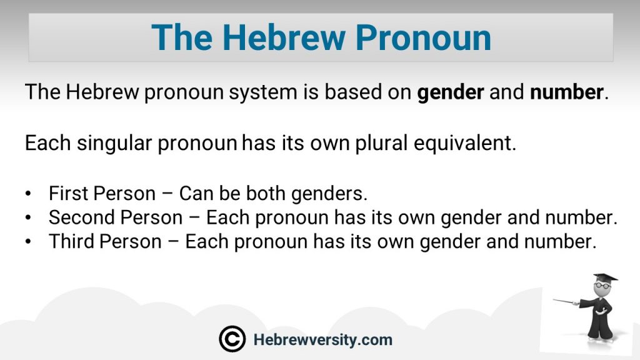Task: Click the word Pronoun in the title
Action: click(423, 37)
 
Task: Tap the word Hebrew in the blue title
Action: click(284, 37)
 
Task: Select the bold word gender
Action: click(451, 92)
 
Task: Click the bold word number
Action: click(566, 92)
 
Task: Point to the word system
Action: click(263, 92)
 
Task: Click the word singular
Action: click(114, 143)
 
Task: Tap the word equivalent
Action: click(465, 143)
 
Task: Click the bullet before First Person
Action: click(27, 194)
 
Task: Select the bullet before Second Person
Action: click(27, 217)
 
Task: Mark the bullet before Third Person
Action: click(27, 242)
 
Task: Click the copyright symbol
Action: click(232, 339)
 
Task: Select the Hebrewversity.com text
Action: click(323, 339)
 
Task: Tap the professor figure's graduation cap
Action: click(604, 278)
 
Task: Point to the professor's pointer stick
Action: click(564, 302)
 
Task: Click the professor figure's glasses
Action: click(602, 286)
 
